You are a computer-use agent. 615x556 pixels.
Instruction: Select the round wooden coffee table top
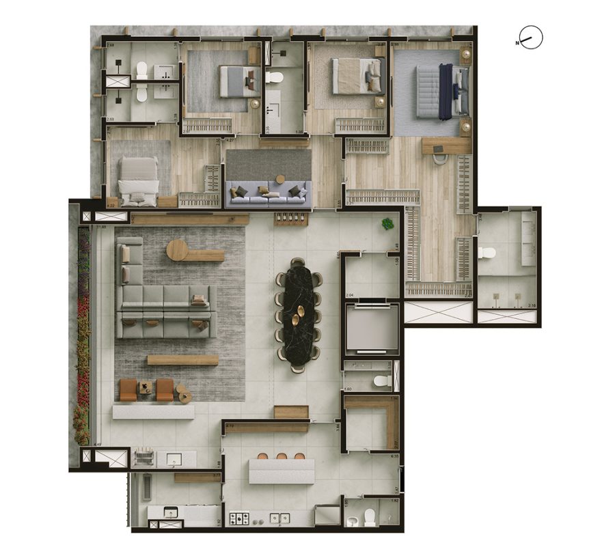point(178,250)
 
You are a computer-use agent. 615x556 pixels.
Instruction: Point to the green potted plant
point(387,223)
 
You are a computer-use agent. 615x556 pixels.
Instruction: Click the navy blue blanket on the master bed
point(445,91)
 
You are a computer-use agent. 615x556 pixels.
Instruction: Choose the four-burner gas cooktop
point(240,518)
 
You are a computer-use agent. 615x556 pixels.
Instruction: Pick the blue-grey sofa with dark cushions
point(268,192)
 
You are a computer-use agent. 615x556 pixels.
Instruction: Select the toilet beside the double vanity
point(486,253)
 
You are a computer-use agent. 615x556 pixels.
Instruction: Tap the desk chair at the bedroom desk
point(439,158)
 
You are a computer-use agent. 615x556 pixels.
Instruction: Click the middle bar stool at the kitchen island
point(280,456)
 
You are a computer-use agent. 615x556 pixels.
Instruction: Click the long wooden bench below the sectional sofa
point(182,360)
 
